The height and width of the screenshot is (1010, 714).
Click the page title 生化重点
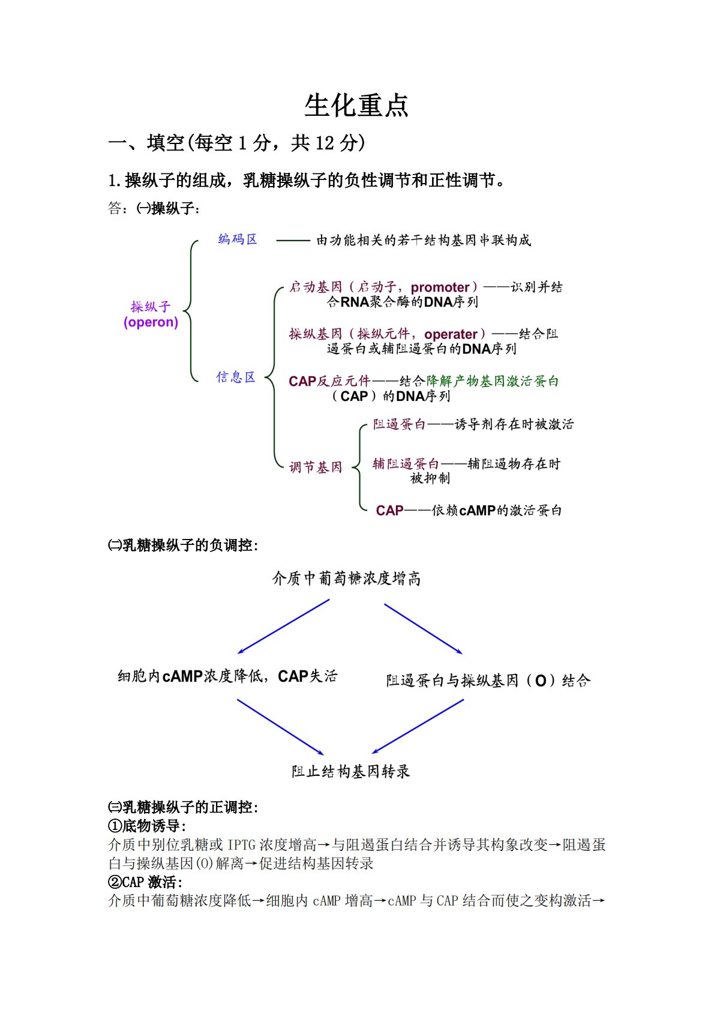point(356,106)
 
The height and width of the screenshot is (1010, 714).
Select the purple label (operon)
point(151,322)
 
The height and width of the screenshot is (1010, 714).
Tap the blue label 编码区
point(238,239)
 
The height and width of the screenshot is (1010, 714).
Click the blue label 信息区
point(236,377)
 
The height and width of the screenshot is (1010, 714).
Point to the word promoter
point(440,287)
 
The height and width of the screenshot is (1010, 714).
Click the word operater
point(451,334)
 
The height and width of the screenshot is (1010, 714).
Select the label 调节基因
point(316,467)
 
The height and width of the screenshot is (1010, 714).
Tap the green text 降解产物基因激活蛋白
point(492,381)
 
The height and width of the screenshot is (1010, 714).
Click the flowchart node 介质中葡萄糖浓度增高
point(347,579)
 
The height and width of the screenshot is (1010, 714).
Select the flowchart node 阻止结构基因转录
point(350,771)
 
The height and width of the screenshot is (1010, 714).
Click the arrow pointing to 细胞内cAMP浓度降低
point(283,627)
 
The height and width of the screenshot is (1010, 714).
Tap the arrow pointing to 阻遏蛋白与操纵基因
point(423,628)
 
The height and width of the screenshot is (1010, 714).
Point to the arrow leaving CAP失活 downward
point(280,727)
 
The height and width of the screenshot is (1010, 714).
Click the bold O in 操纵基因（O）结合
point(541,681)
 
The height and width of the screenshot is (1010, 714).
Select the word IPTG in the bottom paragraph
point(241,845)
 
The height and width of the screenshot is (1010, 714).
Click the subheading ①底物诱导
point(147,826)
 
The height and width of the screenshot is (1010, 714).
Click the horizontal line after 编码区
point(293,241)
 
